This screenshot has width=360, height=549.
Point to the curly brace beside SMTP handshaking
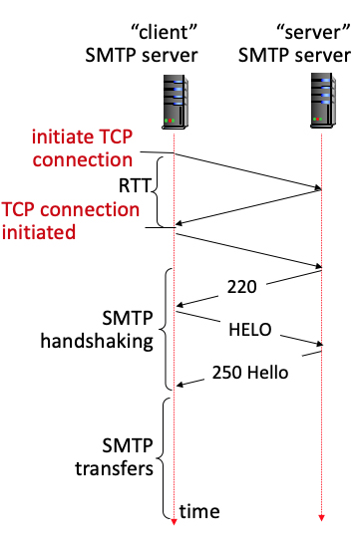point(166,329)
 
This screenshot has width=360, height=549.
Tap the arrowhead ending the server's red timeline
point(322,518)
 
